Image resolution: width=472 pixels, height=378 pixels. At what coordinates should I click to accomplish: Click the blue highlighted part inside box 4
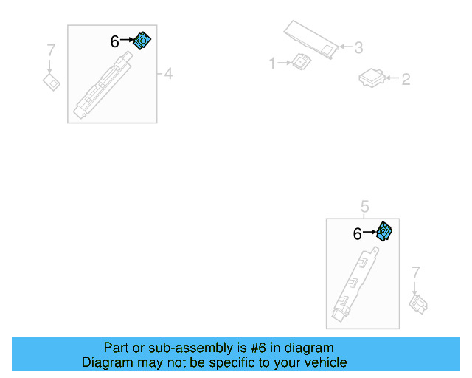[x=142, y=41]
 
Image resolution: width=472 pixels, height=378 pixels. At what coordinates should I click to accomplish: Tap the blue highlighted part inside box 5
[x=384, y=232]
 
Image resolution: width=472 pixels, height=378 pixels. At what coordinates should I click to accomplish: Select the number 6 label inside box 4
[x=114, y=42]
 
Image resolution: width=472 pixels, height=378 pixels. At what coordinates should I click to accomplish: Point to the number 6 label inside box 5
[x=357, y=234]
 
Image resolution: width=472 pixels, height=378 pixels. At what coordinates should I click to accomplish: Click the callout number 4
[x=168, y=74]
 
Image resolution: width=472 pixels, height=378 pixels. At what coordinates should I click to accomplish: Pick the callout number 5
[x=364, y=205]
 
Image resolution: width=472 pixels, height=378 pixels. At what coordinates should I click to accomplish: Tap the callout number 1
[x=272, y=64]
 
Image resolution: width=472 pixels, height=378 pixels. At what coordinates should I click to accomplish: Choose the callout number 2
[x=406, y=78]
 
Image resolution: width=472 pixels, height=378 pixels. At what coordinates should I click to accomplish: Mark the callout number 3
[x=358, y=48]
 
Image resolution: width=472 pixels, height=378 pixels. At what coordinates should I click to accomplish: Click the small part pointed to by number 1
[x=301, y=62]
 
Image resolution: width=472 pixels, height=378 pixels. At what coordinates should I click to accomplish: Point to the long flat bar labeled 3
[x=310, y=38]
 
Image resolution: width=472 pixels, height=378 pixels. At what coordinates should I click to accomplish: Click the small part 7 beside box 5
[x=419, y=303]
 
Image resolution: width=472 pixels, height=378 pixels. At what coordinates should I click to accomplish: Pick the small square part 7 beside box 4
[x=51, y=81]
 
